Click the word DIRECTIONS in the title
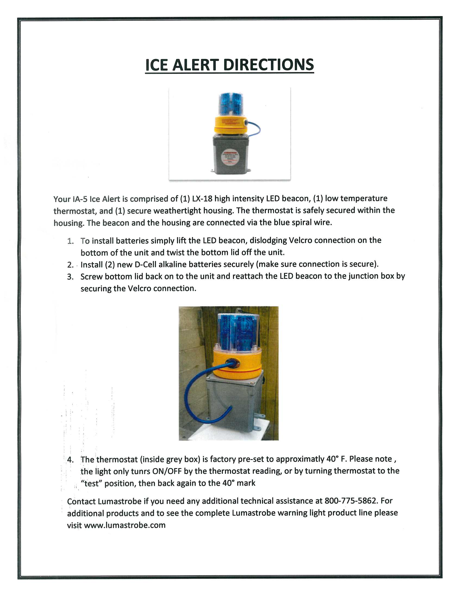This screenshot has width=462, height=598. (268, 65)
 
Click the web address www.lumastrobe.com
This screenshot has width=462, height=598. (124, 525)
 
